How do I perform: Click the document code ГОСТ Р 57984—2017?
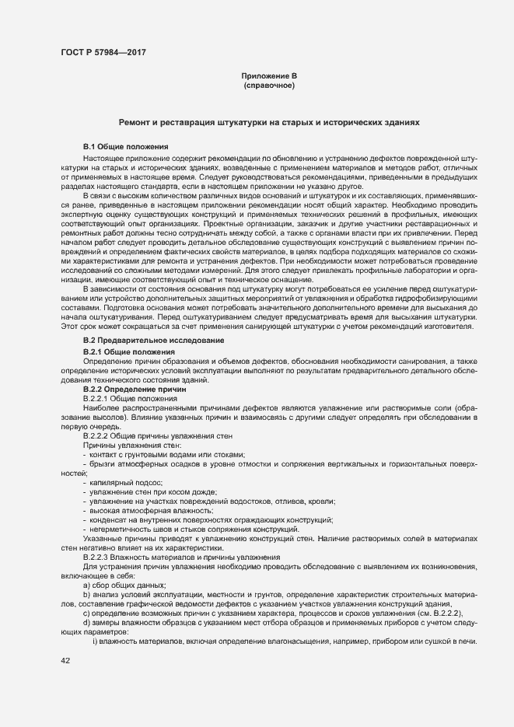tap(103, 53)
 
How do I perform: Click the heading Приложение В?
tap(268, 75)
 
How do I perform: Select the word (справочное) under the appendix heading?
tap(268, 85)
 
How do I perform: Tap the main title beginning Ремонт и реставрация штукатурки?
tap(268, 123)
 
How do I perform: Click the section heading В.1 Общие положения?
tap(121, 147)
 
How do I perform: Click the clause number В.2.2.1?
tap(99, 399)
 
